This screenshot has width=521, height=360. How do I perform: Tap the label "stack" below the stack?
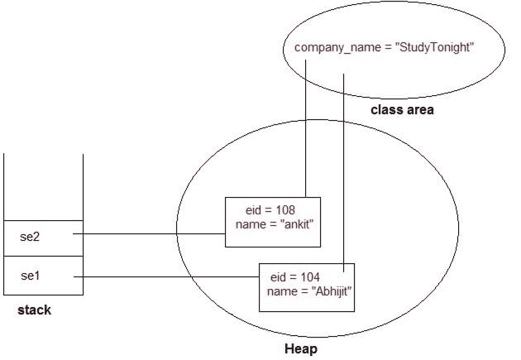34,310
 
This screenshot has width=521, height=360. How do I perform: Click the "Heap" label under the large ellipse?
301,350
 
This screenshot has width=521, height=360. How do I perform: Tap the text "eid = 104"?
294,276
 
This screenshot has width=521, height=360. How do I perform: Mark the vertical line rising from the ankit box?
306,132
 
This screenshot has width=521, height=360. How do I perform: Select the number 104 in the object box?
308,276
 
